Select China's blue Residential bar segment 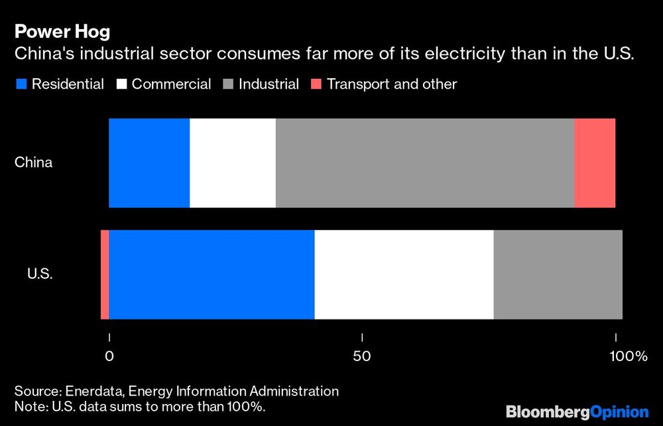coord(149,163)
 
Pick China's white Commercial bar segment coord(232,163)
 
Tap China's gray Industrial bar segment coord(424,163)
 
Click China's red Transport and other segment coord(595,163)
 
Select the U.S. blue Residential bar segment coord(211,274)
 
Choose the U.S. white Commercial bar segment coord(404,274)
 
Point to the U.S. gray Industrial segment coord(558,274)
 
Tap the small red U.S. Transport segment coord(105,274)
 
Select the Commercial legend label coord(171,84)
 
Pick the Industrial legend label coord(269,84)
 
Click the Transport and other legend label coord(392,84)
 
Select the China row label coord(34,163)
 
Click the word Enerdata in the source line coord(87,391)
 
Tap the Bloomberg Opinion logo coord(577,411)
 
